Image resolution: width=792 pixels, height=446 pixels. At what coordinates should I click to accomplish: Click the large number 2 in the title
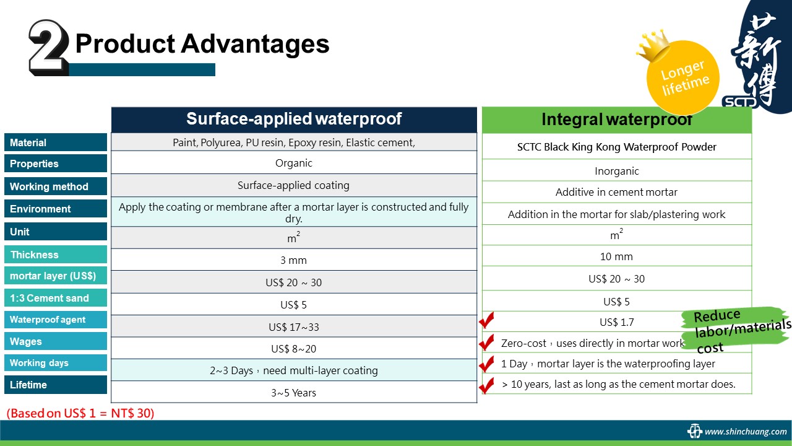point(48,47)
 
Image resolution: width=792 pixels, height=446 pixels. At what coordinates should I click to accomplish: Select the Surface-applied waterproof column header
point(294,120)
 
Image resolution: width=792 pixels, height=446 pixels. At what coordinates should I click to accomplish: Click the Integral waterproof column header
point(617,120)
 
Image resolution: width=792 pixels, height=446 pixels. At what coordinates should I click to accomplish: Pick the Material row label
point(56,142)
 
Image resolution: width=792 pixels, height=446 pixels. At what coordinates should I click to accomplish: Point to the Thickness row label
point(56,255)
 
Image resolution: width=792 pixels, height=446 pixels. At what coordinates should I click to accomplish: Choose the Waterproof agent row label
point(56,320)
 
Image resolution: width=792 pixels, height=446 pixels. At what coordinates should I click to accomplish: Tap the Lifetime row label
point(56,385)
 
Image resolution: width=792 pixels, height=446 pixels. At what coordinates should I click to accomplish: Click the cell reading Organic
point(294,163)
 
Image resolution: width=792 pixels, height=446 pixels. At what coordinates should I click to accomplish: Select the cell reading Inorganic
point(617,171)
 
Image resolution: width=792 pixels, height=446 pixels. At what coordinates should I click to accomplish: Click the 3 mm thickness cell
point(294,260)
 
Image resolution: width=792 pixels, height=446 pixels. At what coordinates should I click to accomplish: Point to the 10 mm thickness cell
point(617,256)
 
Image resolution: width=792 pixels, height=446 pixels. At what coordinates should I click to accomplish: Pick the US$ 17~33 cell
point(294,326)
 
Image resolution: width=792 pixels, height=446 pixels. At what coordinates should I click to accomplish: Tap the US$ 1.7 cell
point(617,322)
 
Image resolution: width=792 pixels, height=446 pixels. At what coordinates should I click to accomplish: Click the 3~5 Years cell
point(294,393)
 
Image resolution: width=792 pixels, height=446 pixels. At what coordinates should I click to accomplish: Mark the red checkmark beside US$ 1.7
point(486,320)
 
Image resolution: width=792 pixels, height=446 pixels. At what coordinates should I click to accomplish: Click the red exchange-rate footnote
point(80,413)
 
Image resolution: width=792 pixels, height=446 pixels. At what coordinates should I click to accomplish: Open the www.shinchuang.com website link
point(746,432)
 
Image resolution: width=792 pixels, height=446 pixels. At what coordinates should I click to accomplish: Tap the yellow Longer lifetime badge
point(683,77)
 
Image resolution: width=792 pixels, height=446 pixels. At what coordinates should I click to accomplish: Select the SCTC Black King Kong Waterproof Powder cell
point(617,147)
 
